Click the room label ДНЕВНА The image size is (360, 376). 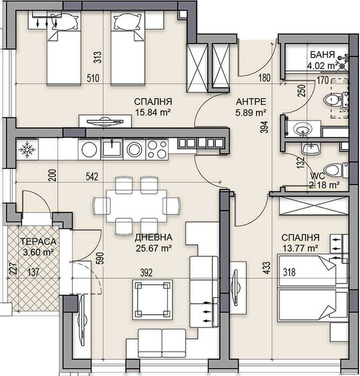[153, 237]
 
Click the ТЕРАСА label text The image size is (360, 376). [34, 242]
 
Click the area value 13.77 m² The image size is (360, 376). [299, 247]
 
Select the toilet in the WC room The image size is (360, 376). [333, 171]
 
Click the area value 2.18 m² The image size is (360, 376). [324, 185]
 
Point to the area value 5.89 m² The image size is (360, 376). [252, 112]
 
